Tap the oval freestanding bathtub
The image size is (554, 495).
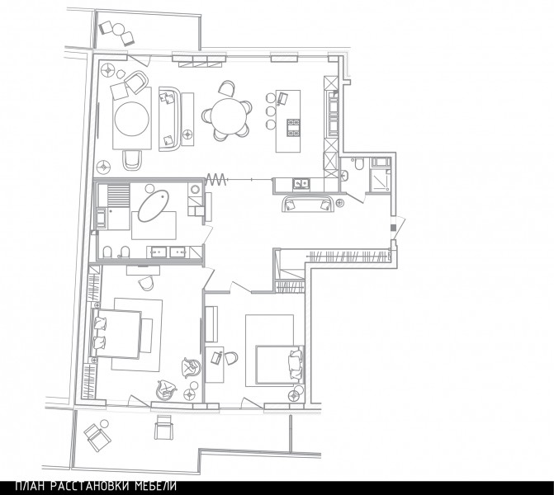click(x=153, y=206)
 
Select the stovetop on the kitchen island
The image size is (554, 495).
click(x=293, y=127)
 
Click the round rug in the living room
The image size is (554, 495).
click(x=131, y=118)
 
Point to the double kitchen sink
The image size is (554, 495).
click(x=301, y=184)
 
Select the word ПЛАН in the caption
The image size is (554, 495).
click(x=30, y=487)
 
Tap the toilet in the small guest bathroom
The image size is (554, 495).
click(x=358, y=164)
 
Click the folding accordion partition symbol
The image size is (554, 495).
click(x=215, y=180)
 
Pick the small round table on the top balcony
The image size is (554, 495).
click(x=118, y=29)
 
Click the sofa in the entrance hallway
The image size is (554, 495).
click(x=308, y=203)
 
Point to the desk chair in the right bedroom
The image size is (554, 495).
click(x=231, y=358)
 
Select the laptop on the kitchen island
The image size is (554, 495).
click(x=282, y=98)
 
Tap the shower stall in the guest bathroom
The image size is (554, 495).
click(x=379, y=178)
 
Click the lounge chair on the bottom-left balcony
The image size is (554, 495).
click(x=97, y=437)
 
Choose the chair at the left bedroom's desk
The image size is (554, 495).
click(x=146, y=283)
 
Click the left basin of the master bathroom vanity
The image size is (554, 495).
click(x=159, y=252)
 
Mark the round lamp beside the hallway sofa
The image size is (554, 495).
click(x=339, y=203)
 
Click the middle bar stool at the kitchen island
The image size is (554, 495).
click(x=271, y=111)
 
